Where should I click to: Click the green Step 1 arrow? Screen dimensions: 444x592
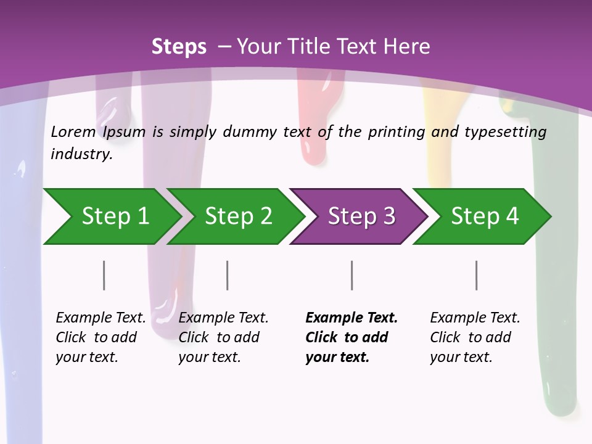point(111,216)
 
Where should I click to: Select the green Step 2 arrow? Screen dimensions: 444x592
point(237,216)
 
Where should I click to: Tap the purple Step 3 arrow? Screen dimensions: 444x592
point(361,216)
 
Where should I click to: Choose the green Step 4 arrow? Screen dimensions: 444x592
point(484,216)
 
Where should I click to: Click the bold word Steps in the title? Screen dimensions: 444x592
point(179,47)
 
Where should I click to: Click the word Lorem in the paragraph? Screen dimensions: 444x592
point(73,132)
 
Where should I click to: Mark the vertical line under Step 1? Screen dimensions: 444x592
point(104,275)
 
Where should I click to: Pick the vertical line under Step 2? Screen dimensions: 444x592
point(228,275)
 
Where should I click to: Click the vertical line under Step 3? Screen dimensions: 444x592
point(351,275)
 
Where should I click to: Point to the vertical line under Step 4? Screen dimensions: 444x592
point(476,275)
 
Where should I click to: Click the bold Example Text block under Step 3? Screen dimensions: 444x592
point(351,337)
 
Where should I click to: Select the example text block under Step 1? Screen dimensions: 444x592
point(101,337)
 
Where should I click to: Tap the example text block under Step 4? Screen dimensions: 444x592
point(475,337)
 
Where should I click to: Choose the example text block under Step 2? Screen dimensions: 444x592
point(223,337)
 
